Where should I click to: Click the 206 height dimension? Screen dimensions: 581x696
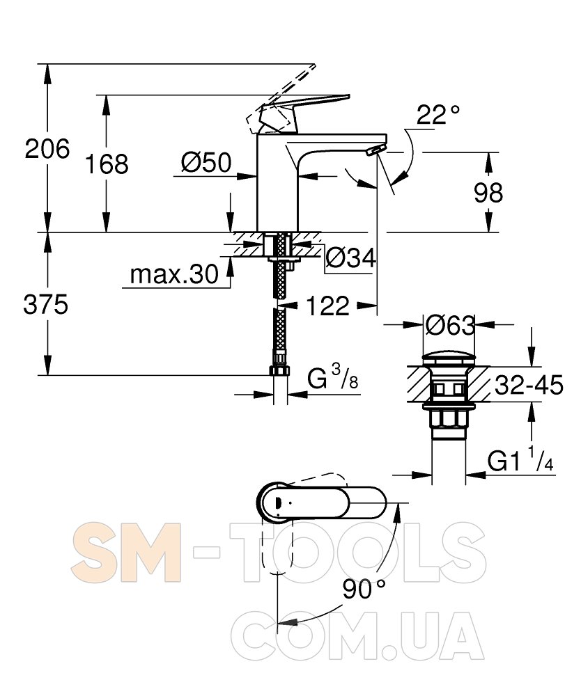point(47,149)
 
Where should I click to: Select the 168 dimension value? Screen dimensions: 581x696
point(107,164)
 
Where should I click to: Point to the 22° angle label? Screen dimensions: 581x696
point(438,115)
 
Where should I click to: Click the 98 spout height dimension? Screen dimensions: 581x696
point(488,193)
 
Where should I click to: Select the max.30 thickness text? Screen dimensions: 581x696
point(174,274)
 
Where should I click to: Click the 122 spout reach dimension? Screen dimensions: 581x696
point(328,306)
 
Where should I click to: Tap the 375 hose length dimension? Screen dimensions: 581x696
point(46,305)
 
